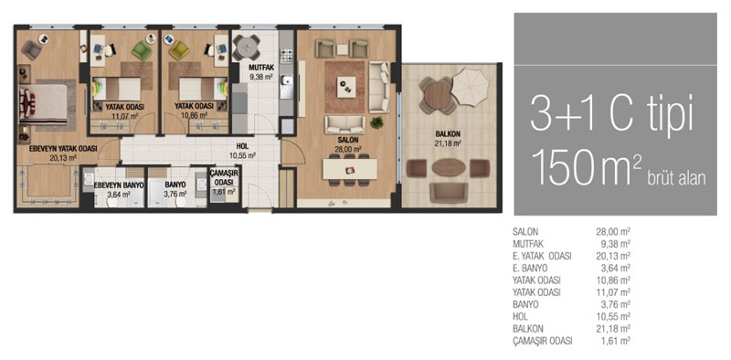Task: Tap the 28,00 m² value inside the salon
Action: tap(351, 149)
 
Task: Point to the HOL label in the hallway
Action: tap(242, 146)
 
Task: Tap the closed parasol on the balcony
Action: tap(470, 86)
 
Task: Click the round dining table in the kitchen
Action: tap(246, 47)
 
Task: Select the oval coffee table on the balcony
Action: tap(446, 168)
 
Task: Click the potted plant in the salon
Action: tap(376, 122)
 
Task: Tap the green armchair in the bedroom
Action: tap(142, 50)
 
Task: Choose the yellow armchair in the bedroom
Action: tap(178, 50)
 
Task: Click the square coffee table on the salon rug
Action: tap(346, 86)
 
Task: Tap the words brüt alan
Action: tap(676, 177)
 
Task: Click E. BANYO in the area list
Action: tap(530, 268)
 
